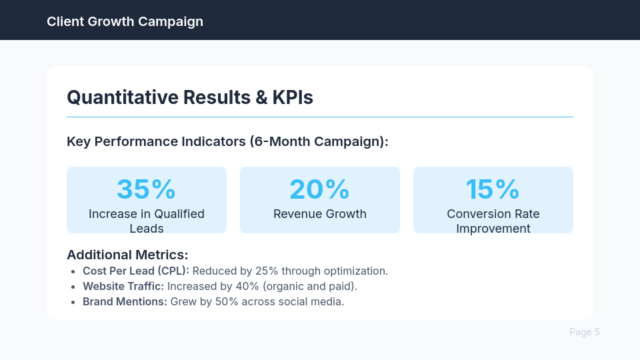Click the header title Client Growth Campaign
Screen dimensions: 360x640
[125, 21]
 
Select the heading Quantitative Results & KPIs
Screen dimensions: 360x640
[190, 97]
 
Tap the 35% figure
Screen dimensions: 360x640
[146, 189]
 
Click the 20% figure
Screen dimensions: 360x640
[319, 189]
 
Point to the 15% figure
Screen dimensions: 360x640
[493, 189]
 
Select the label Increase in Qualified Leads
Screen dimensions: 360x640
[146, 221]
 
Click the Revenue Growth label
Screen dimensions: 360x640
[319, 214]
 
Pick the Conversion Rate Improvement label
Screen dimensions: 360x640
[493, 221]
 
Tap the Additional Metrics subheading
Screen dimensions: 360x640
[127, 255]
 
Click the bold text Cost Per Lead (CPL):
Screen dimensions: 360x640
[136, 271]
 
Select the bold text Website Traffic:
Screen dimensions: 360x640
[123, 286]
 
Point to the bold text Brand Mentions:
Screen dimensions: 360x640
[125, 301]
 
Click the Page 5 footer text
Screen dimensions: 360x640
[584, 332]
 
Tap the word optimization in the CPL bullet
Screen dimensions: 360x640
[356, 271]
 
